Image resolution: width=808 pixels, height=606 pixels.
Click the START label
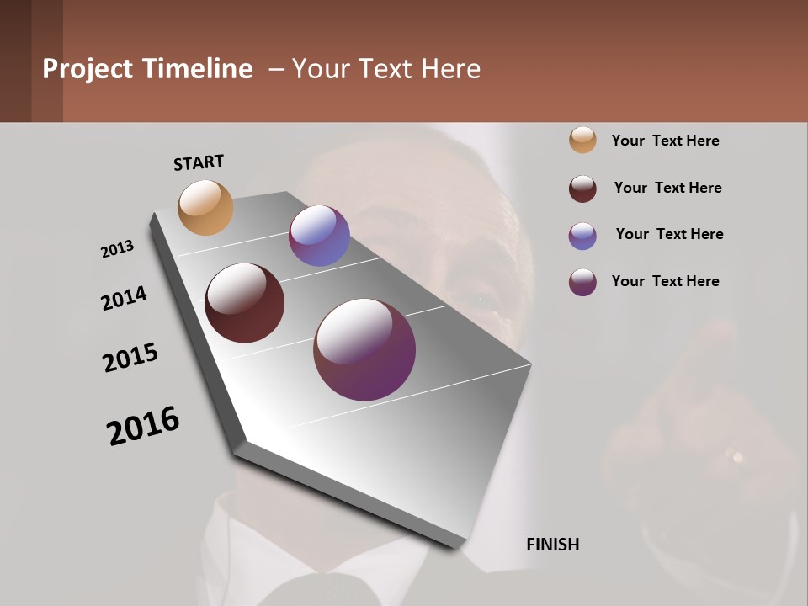(199, 162)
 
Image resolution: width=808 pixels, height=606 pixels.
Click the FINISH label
(552, 545)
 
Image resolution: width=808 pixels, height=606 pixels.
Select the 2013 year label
(117, 249)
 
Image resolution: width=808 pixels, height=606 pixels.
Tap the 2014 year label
(124, 299)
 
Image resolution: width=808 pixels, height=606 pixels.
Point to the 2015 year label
(130, 358)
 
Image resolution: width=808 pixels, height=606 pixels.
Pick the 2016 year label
(143, 426)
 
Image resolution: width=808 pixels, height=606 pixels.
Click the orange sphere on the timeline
(205, 207)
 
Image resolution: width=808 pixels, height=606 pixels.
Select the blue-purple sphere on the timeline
(319, 236)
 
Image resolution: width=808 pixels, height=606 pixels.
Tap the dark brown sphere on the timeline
(244, 303)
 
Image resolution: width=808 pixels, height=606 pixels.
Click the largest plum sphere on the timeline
(364, 349)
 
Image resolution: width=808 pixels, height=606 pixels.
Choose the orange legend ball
(582, 141)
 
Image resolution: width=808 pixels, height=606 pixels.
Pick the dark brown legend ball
(582, 189)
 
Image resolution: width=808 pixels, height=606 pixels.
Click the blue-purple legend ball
(582, 236)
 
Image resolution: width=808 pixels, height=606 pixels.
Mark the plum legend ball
(582, 282)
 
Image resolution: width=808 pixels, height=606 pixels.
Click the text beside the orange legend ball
(665, 141)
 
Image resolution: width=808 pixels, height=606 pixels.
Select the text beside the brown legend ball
(667, 188)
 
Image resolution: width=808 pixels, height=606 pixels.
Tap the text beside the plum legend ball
(665, 281)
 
